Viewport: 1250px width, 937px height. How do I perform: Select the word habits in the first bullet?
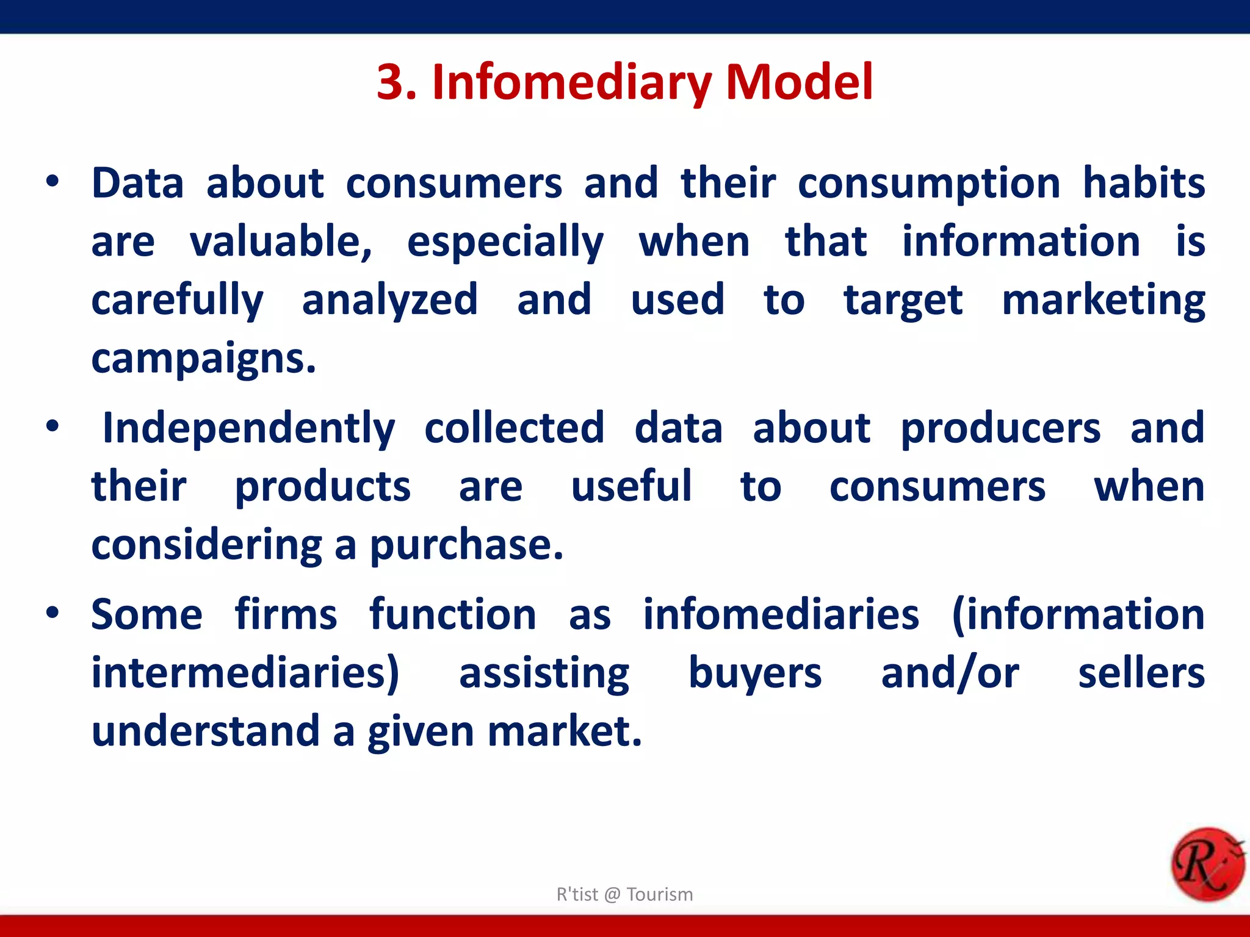1143,183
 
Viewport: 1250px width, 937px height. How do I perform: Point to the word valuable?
281,242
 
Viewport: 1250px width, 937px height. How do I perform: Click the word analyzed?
389,300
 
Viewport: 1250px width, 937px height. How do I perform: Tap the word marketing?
1103,300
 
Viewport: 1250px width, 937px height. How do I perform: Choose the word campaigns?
204,359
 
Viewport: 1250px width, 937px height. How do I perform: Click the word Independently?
248,428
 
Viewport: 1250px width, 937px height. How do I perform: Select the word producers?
1000,428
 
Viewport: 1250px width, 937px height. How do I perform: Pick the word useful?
631,487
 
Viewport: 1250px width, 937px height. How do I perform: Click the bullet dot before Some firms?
53,612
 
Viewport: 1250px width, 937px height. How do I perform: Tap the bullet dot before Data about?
53,181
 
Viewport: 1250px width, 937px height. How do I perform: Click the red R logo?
1207,864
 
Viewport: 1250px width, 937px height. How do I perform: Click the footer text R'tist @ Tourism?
624,894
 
